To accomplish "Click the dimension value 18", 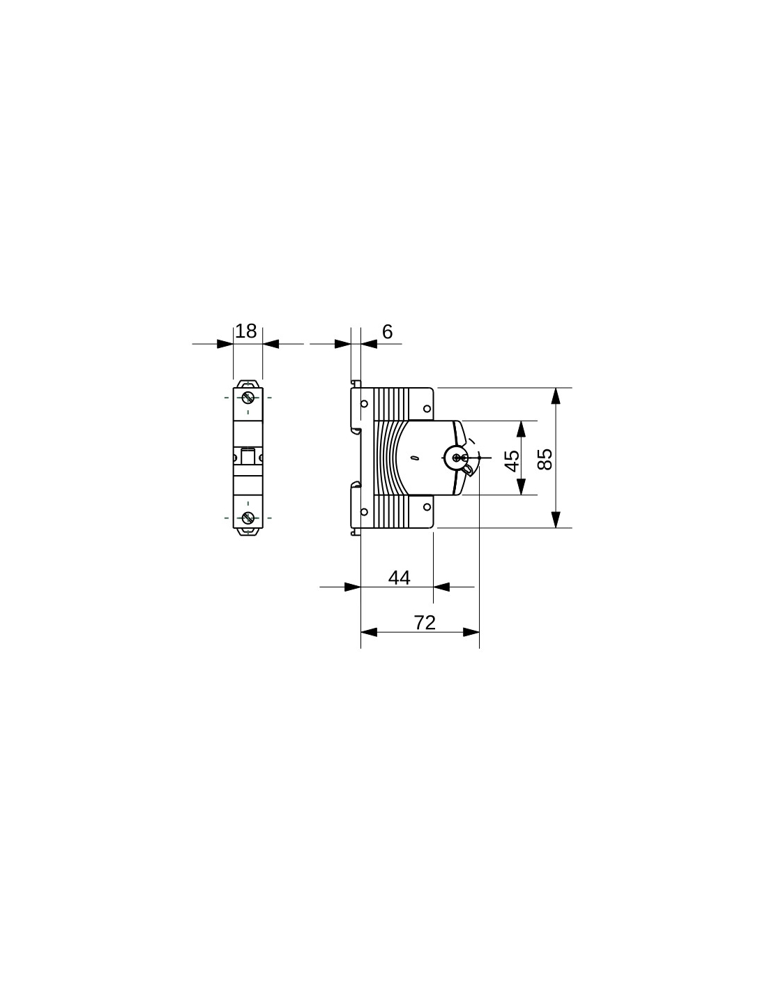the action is pos(246,331).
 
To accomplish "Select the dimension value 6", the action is pos(387,332).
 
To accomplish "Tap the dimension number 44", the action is pos(400,578).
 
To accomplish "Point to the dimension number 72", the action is pos(425,623).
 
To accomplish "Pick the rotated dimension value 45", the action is pos(512,460).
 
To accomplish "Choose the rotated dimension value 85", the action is pos(545,459).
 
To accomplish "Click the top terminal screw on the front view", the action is pos(248,397).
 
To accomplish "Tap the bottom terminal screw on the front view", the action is pos(248,518).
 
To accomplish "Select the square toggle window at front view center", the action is pos(248,456).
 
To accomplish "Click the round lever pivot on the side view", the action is pos(456,458).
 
